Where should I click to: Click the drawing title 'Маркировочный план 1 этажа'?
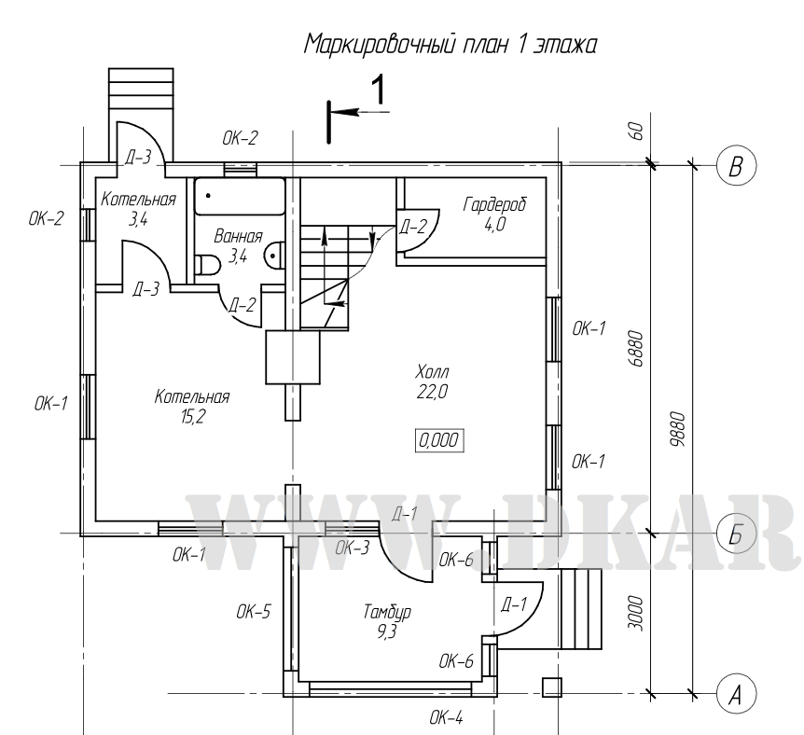click(x=450, y=43)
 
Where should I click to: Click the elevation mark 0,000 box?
click(x=438, y=441)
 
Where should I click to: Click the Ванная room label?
click(x=238, y=237)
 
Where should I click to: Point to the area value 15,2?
click(x=193, y=417)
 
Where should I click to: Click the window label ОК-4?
click(x=446, y=717)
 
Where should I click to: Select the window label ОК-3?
click(x=352, y=548)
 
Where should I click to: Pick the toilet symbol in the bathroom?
click(x=207, y=266)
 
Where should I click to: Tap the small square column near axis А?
click(x=551, y=686)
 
